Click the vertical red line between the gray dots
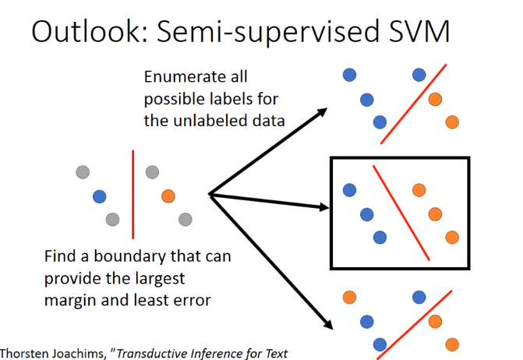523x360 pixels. pyautogui.click(x=133, y=194)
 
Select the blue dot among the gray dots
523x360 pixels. pyautogui.click(x=100, y=196)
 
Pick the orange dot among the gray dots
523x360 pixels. pyautogui.click(x=168, y=196)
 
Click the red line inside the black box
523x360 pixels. pyautogui.click(x=401, y=213)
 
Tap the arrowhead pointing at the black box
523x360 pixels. pyautogui.click(x=324, y=207)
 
